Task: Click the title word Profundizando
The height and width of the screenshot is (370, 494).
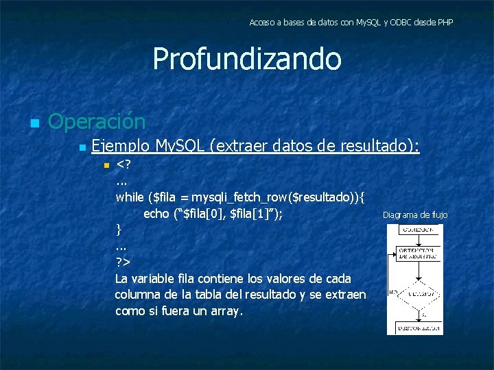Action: (246, 59)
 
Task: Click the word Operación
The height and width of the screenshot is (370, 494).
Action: (97, 122)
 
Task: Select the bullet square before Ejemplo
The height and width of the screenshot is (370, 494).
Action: (82, 147)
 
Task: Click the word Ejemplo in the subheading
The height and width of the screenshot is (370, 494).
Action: (121, 146)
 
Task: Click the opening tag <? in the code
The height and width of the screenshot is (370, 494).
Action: (124, 165)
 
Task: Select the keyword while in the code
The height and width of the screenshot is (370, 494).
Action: (130, 197)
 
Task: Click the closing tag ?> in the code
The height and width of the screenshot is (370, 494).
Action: (123, 262)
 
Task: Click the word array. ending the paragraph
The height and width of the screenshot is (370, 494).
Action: (226, 311)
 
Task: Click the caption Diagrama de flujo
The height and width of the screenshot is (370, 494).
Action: (415, 215)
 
